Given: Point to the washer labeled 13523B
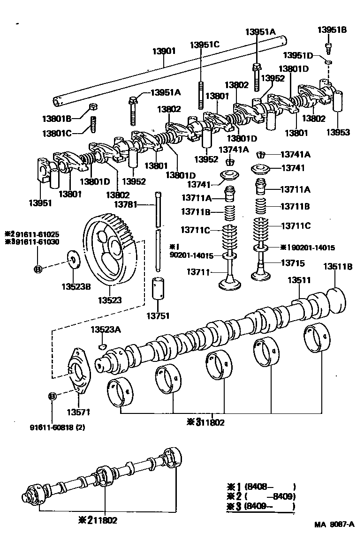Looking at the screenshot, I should (74, 260).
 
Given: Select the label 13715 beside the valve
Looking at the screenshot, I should (292, 263).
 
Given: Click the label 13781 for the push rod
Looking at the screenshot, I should (126, 204).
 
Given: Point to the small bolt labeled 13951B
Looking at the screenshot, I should (329, 46).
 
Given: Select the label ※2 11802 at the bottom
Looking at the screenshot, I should (99, 520).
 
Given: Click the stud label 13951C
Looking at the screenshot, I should (205, 45).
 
